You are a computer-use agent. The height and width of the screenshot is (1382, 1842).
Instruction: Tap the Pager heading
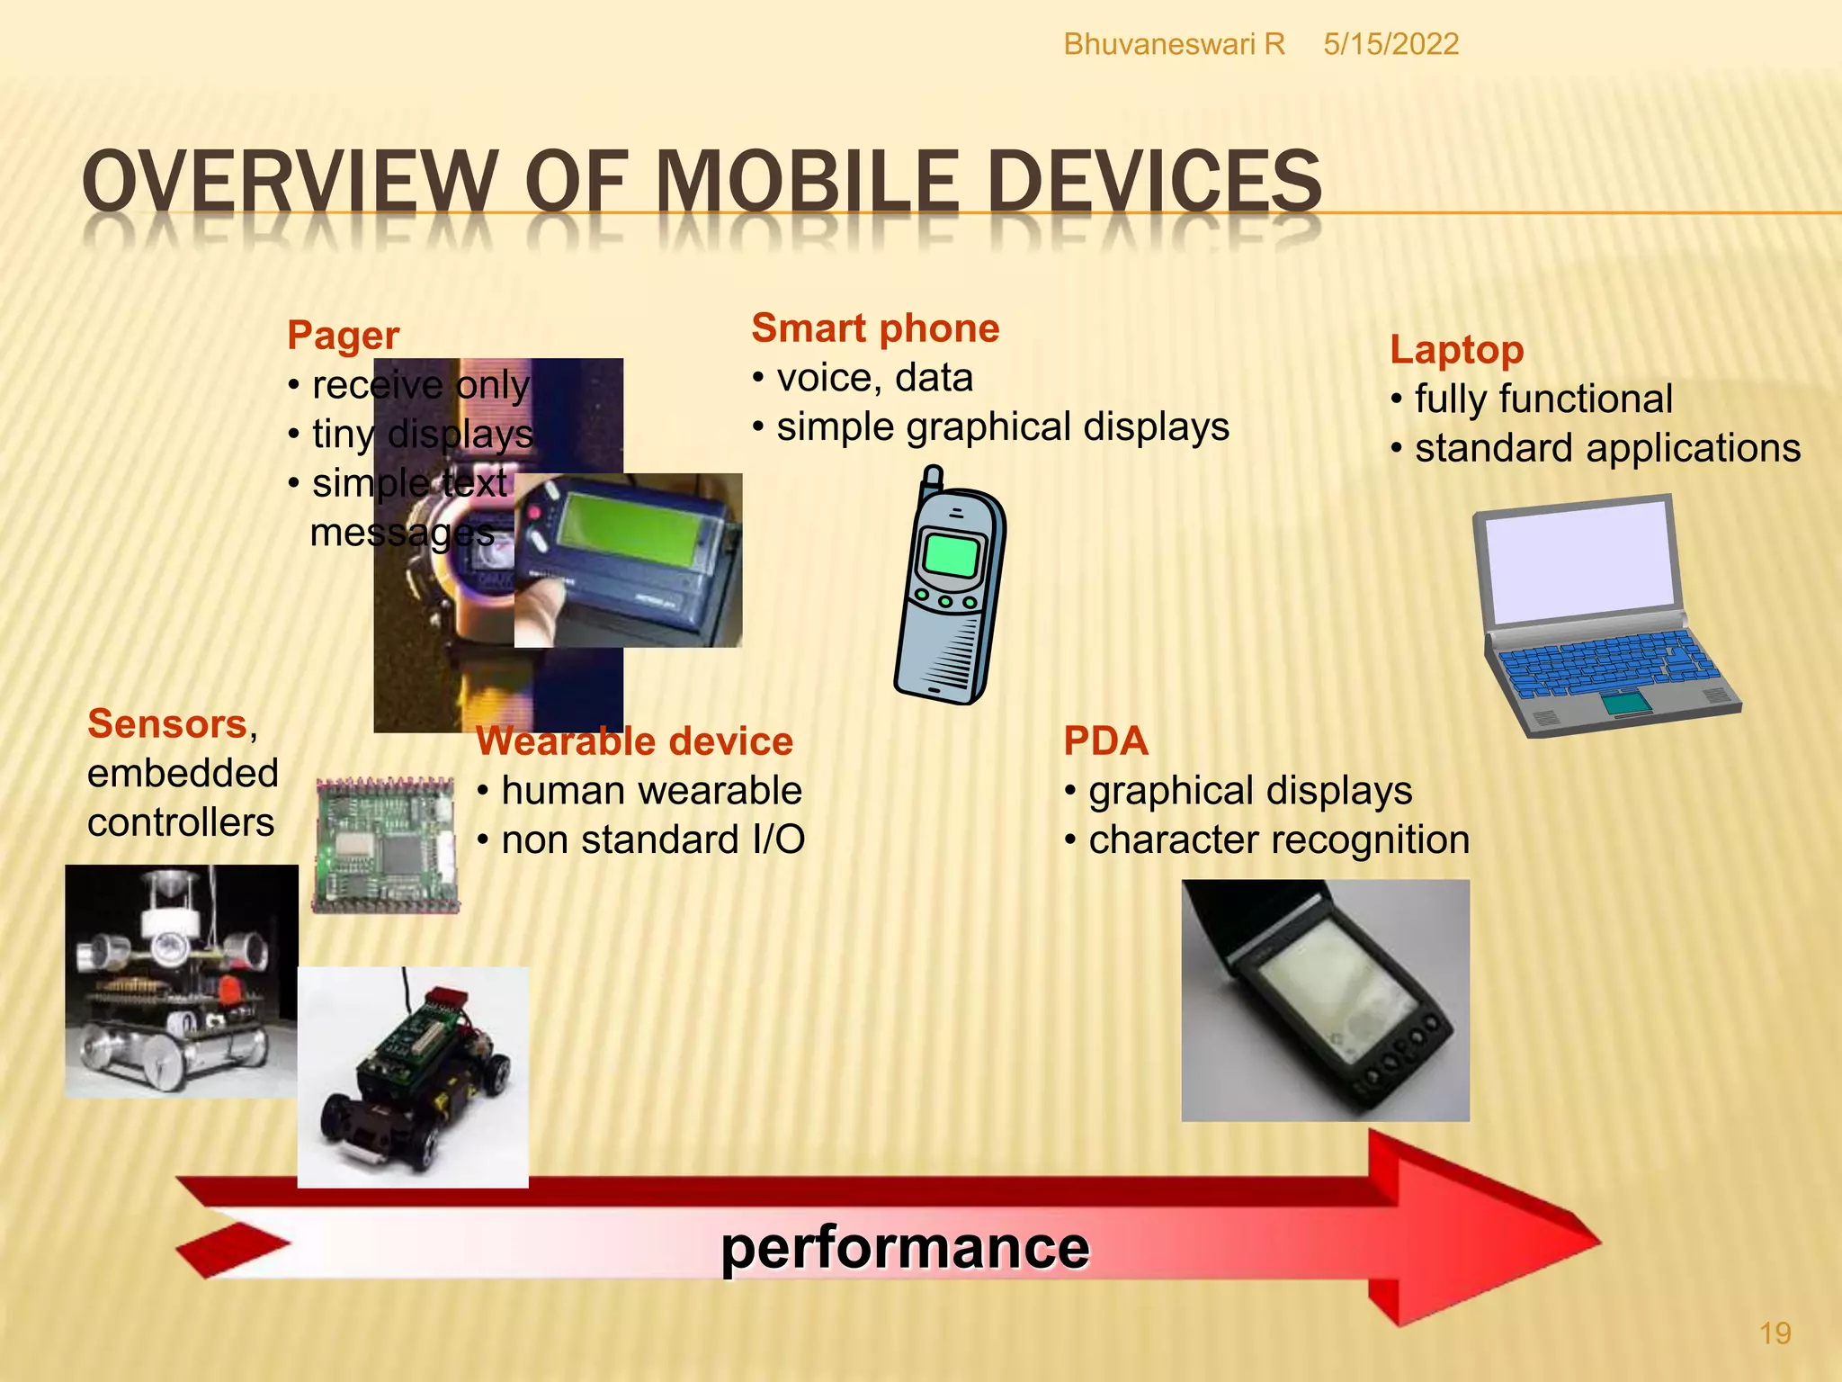[343, 335]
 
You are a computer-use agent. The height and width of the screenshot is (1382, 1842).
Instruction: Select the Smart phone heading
[875, 328]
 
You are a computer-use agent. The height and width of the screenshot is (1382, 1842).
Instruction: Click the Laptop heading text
[1456, 349]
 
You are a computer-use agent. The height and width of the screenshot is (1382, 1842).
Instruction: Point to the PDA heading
[1105, 740]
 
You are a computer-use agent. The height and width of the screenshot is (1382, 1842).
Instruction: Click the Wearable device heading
[634, 740]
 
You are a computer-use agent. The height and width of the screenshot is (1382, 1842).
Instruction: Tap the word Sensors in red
[167, 723]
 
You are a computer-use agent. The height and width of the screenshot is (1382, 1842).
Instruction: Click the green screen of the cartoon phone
[951, 554]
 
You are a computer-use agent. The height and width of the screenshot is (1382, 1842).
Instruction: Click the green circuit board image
[385, 844]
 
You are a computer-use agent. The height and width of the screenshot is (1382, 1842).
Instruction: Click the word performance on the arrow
[905, 1248]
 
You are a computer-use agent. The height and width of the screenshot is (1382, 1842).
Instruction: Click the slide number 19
[1775, 1333]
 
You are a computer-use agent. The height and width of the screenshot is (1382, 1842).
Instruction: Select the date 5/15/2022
[1390, 44]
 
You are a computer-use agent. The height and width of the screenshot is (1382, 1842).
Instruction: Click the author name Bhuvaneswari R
[1174, 44]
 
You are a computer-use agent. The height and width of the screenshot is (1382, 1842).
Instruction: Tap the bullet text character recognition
[1278, 839]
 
